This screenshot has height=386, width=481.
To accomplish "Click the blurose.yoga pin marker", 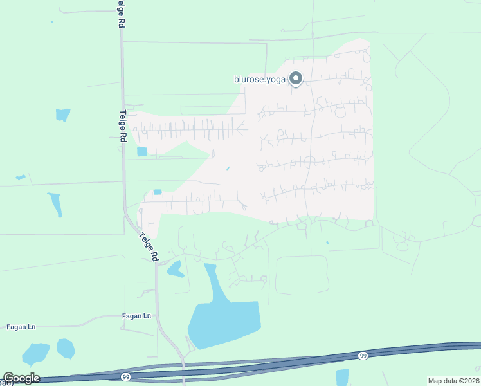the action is tap(296, 78).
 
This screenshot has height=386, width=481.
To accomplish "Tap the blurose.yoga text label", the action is tap(260, 80).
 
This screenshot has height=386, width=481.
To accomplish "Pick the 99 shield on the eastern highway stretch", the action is tap(363, 356).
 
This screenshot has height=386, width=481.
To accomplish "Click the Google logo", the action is tap(21, 378).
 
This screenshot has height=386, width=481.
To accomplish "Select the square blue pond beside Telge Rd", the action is tap(142, 152).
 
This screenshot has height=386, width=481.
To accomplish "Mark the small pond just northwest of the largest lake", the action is tap(174, 268).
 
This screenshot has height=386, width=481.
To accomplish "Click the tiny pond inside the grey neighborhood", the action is tap(227, 169).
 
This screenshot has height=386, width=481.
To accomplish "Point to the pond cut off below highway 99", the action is tap(341, 377).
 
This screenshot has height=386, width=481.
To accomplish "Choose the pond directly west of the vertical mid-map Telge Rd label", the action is tap(62, 115).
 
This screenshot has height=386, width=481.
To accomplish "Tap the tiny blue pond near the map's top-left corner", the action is tap(51, 22).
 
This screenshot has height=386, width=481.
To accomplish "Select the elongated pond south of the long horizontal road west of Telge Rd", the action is tap(56, 205).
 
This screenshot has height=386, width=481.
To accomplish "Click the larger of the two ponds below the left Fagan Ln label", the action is tap(35, 353).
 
